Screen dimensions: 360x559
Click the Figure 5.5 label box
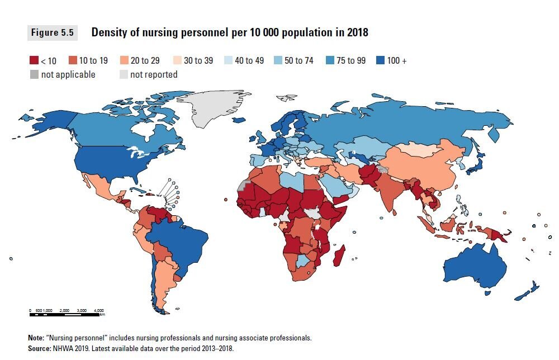(51, 32)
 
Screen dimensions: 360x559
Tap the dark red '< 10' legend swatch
(33, 60)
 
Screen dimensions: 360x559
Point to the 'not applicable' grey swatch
(33, 74)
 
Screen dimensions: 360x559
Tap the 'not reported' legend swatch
(122, 74)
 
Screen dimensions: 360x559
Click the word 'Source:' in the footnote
(41, 348)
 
